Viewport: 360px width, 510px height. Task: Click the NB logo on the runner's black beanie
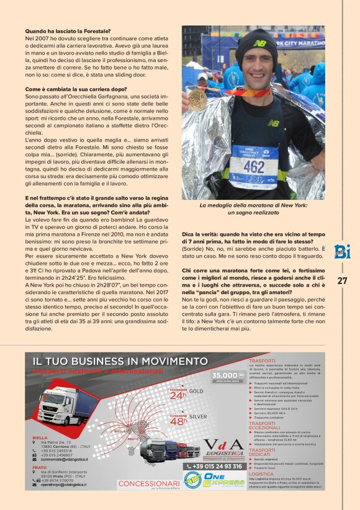click(x=257, y=43)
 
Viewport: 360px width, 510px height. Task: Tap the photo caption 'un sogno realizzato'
click(x=253, y=212)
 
